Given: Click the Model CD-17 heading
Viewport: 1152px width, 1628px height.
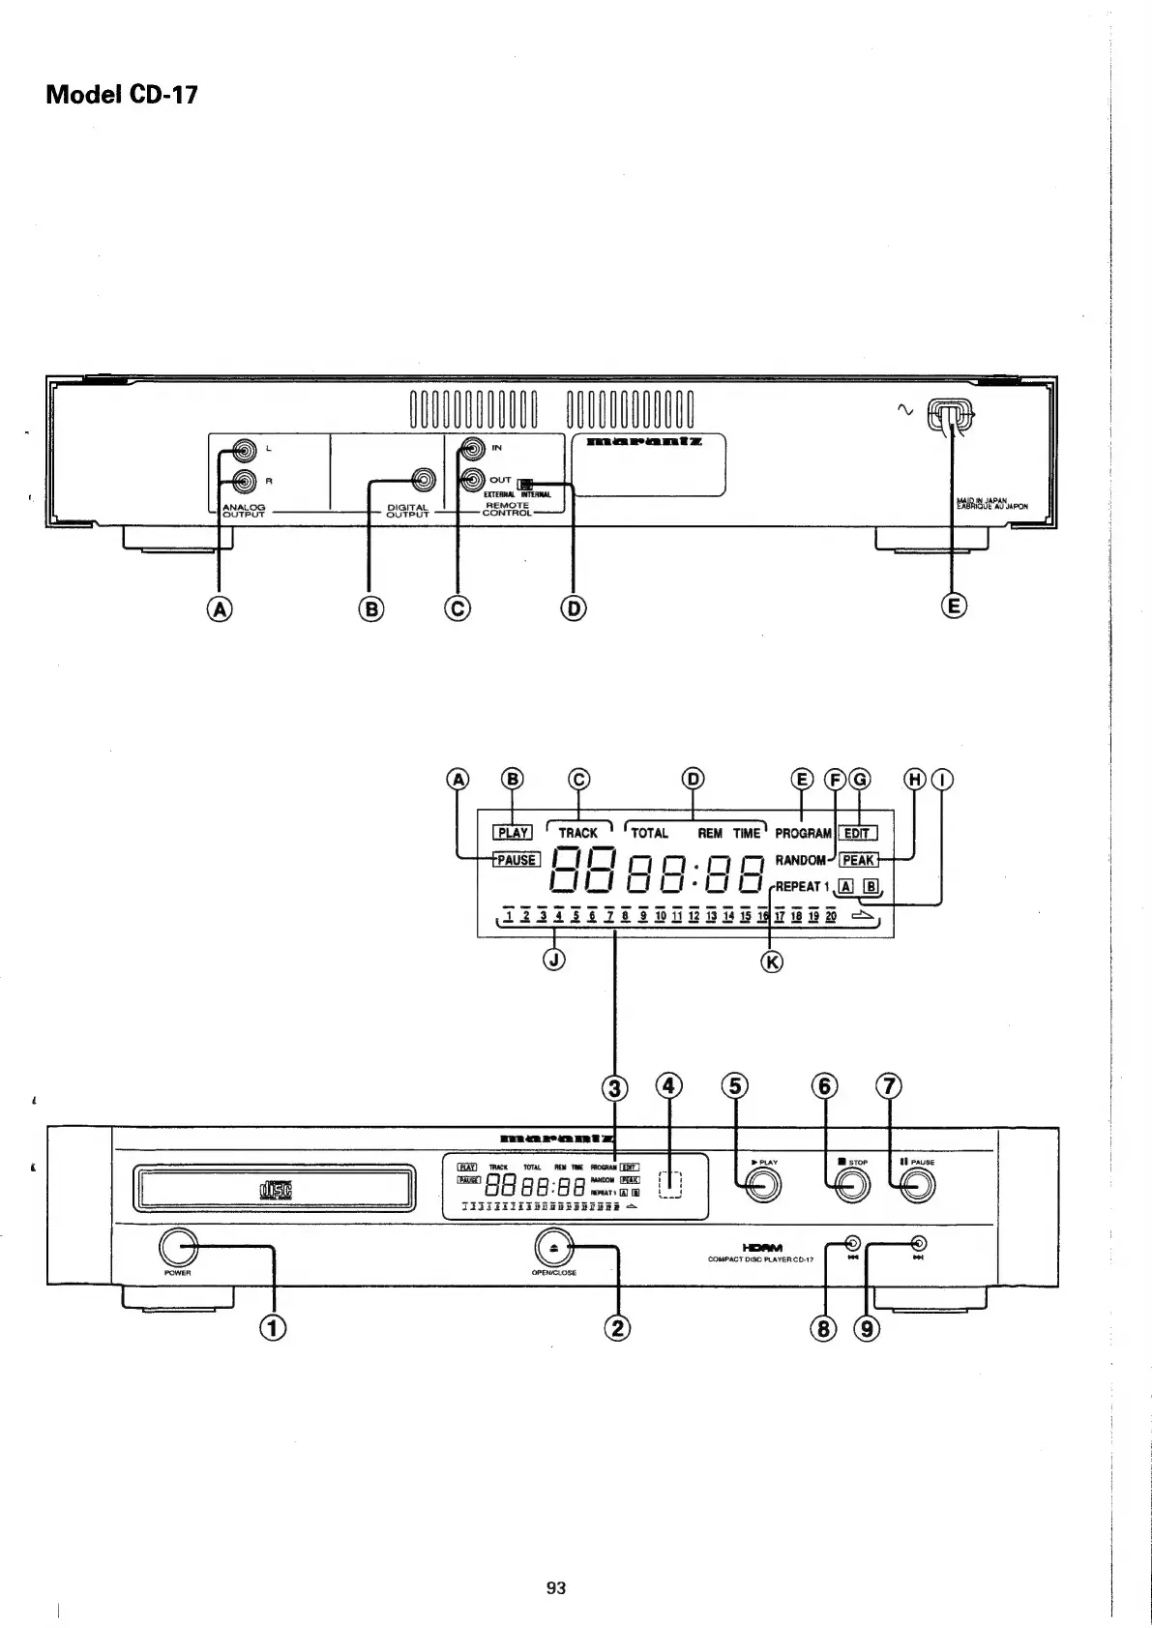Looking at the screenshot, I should point(122,95).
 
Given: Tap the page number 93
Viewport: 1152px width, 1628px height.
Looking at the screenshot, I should point(555,1587).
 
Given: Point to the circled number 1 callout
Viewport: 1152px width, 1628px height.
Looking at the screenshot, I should point(275,1327).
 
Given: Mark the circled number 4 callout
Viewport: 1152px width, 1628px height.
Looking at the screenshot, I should point(669,1086).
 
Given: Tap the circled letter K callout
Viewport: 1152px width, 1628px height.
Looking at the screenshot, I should point(771,962).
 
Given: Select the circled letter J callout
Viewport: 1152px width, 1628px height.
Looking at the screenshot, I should point(554,961).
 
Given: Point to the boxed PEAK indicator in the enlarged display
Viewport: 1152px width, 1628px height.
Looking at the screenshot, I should point(858,860).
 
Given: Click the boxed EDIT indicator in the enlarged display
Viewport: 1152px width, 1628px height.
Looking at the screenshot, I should point(857,833).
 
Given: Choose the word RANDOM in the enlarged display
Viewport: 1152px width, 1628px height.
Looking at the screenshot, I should point(800,860).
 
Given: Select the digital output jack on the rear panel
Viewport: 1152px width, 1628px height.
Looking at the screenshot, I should point(423,480).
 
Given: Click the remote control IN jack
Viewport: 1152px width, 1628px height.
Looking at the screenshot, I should point(472,449).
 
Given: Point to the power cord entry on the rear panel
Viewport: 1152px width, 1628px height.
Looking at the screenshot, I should point(950,416).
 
